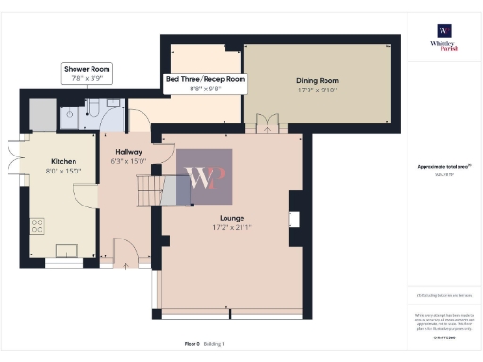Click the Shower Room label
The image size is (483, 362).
coord(88,70)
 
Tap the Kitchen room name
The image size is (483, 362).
coord(63,161)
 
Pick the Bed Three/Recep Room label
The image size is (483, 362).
coord(205,79)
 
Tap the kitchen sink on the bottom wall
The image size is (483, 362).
coord(69,250)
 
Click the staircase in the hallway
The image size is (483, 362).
coord(147,195)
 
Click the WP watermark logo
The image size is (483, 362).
coord(205,176)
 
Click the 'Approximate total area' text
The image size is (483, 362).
coord(443,167)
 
